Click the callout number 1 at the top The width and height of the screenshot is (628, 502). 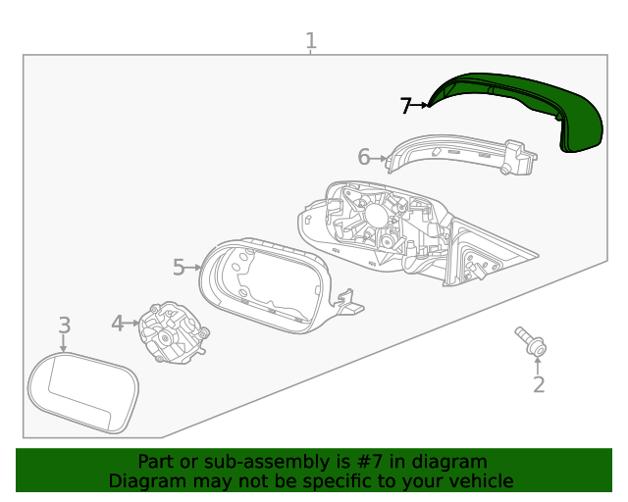click(x=310, y=41)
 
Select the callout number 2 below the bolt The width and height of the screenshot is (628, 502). click(x=538, y=384)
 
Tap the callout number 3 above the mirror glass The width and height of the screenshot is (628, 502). click(x=64, y=325)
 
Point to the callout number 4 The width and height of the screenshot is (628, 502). click(x=118, y=323)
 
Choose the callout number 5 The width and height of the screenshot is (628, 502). click(x=179, y=267)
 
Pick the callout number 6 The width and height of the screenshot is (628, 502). click(x=363, y=157)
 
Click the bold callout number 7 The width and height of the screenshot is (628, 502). click(x=405, y=106)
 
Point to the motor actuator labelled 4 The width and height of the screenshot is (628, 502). click(x=172, y=333)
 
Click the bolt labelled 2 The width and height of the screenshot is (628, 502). click(x=531, y=342)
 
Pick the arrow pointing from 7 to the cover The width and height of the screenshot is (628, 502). click(x=421, y=105)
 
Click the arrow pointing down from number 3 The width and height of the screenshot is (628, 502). click(x=64, y=343)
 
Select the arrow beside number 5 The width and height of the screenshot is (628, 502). click(x=195, y=267)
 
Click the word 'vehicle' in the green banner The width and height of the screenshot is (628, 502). click(x=481, y=481)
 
